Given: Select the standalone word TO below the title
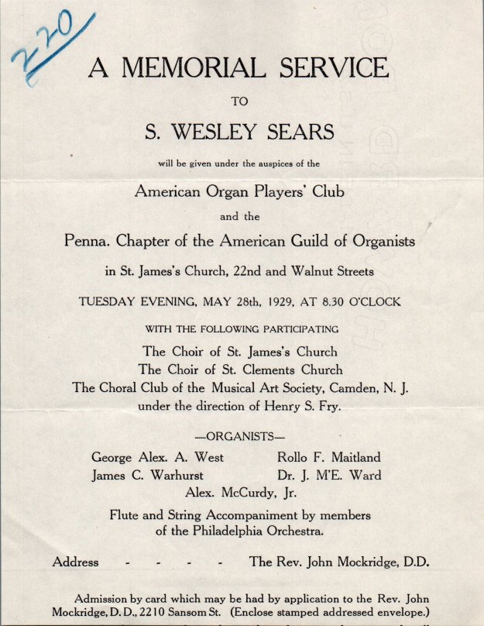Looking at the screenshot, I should pos(240,100).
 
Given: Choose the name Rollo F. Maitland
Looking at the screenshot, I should pos(329,457).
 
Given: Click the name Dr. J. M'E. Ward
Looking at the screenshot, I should pos(329,475).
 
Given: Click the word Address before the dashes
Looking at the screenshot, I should pos(75,562).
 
